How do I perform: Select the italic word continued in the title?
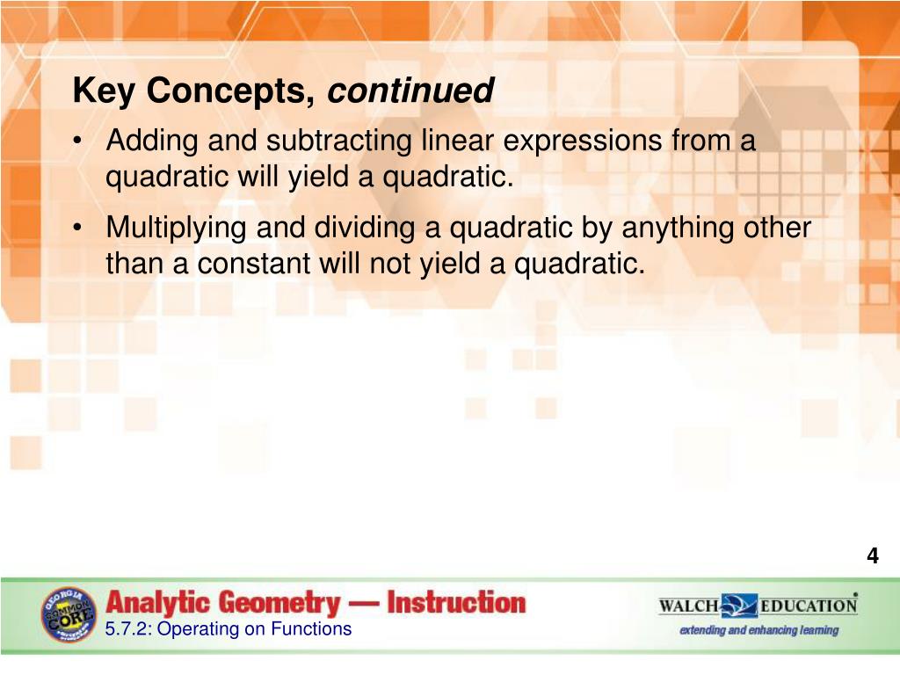tap(410, 91)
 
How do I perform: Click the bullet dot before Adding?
tap(79, 142)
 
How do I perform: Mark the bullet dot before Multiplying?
tap(79, 229)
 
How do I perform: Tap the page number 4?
tap(872, 555)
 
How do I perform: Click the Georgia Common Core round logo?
tap(69, 614)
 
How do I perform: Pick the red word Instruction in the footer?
tap(456, 604)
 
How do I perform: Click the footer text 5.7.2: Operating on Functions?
tap(228, 628)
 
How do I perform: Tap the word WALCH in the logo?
tap(688, 606)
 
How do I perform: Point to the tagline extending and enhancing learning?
tap(758, 630)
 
